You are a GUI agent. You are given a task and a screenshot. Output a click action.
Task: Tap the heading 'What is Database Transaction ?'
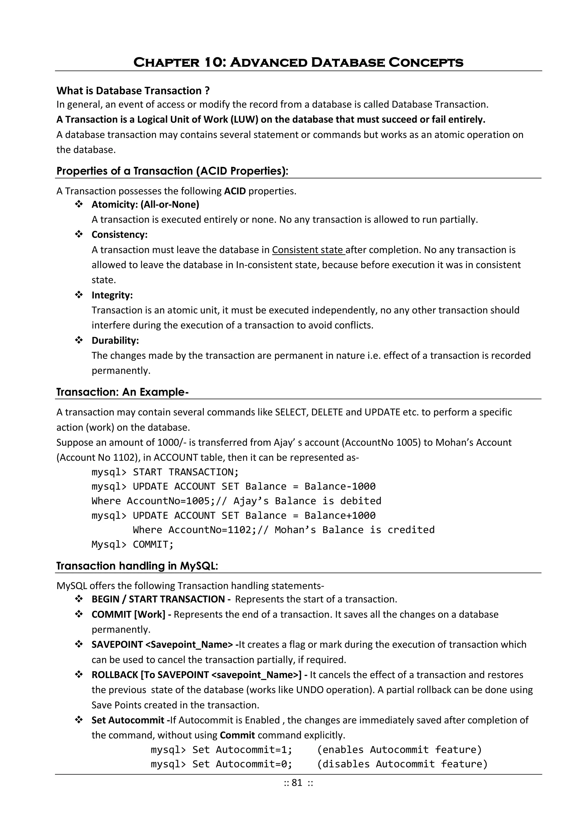pyautogui.click(x=133, y=91)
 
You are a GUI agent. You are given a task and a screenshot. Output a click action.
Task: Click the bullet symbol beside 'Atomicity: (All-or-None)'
pyautogui.click(x=79, y=204)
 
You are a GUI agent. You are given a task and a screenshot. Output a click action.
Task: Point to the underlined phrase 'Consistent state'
pyautogui.click(x=308, y=250)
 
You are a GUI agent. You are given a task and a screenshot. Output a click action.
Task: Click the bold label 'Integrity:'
pyautogui.click(x=112, y=295)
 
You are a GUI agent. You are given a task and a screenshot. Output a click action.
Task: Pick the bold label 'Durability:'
pyautogui.click(x=115, y=340)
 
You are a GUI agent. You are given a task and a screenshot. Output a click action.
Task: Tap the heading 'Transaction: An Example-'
pyautogui.click(x=122, y=392)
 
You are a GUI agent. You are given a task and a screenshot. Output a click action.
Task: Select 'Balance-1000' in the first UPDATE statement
pyautogui.click(x=340, y=486)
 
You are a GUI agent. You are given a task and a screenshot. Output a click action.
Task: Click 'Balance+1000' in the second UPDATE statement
pyautogui.click(x=340, y=515)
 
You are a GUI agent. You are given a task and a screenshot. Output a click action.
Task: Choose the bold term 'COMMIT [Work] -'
pyautogui.click(x=132, y=615)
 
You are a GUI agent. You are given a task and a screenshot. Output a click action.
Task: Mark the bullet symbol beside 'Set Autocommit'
pyautogui.click(x=79, y=720)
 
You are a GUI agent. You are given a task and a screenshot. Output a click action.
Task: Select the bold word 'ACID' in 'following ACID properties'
pyautogui.click(x=235, y=191)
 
